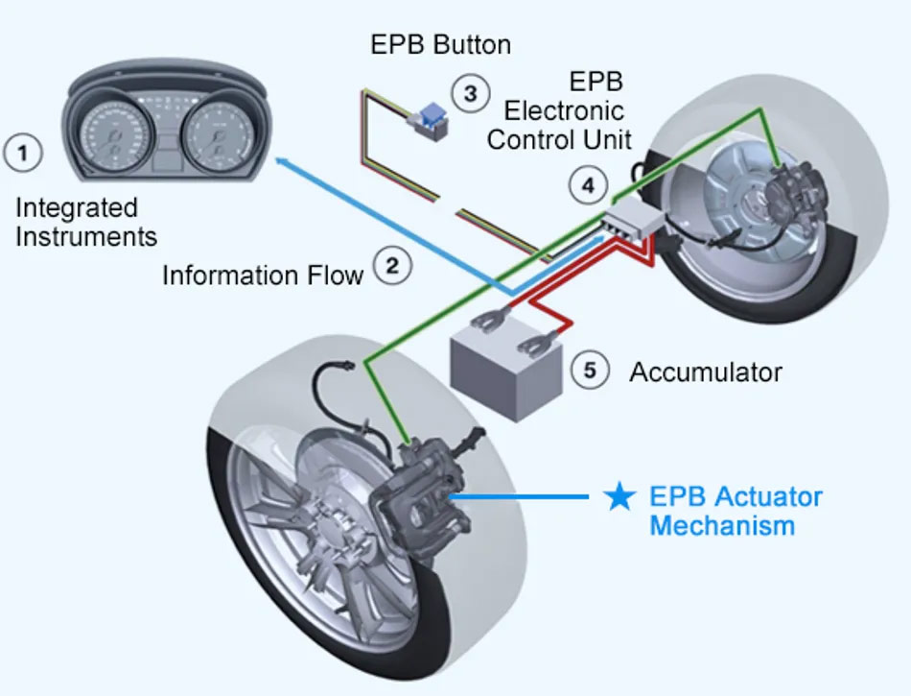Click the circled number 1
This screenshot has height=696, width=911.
(x=24, y=153)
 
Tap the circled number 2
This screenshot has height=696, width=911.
(x=391, y=266)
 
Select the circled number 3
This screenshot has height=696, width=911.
(x=470, y=93)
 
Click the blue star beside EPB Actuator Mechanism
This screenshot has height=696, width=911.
(x=619, y=497)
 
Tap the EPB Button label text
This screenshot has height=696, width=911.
(x=440, y=45)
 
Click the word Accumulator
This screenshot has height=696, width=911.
(x=705, y=372)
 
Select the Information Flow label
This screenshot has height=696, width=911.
(x=262, y=276)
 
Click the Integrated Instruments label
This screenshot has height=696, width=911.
(x=85, y=222)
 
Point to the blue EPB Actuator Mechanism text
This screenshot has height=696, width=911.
(x=735, y=511)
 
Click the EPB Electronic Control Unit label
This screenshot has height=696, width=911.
(x=558, y=111)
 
